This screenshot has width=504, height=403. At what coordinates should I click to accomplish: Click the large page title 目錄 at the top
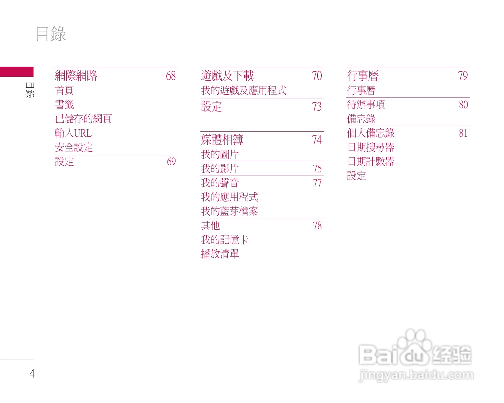[51, 34]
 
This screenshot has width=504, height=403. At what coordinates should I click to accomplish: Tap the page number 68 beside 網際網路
[171, 76]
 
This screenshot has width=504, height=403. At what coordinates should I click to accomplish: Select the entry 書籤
[64, 105]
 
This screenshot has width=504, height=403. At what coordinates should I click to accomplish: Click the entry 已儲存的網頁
[83, 119]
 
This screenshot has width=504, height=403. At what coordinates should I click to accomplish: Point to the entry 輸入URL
[73, 133]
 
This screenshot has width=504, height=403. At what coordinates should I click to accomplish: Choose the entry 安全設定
[74, 147]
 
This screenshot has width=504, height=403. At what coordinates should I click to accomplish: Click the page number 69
[171, 161]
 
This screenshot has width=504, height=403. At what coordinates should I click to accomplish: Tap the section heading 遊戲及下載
[227, 76]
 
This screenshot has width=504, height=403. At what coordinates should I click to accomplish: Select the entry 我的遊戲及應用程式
[244, 90]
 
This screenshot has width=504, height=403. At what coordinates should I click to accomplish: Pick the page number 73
[317, 107]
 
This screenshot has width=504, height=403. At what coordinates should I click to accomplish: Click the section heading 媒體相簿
[222, 140]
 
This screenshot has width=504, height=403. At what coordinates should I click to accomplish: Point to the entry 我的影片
[220, 169]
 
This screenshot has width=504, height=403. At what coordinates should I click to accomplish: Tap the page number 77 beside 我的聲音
[317, 183]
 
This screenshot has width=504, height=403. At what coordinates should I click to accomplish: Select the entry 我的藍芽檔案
[229, 211]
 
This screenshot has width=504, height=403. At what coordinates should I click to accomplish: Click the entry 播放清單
[220, 254]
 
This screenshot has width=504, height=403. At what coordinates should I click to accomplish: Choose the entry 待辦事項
[366, 105]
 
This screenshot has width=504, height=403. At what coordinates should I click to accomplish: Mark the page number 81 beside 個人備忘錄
[463, 133]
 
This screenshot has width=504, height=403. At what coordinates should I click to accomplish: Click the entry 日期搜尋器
[371, 147]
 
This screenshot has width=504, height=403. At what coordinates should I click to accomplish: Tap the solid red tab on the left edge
[17, 72]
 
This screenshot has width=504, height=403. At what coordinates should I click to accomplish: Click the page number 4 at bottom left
[32, 373]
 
